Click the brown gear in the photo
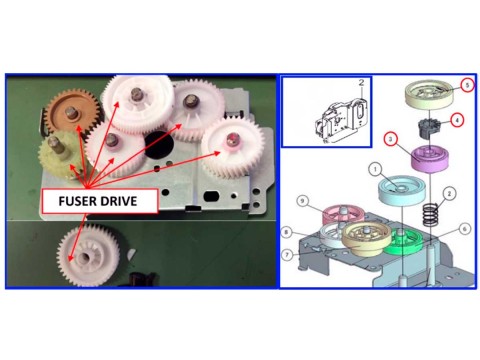[x=73, y=113]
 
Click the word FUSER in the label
[x=77, y=201]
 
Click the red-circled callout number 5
[x=467, y=85]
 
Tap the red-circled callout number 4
[x=457, y=120]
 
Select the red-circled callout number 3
[x=392, y=139]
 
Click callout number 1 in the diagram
[x=376, y=169]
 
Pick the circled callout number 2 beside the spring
[x=449, y=194]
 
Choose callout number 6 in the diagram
[x=464, y=229]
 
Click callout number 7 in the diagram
[x=287, y=255]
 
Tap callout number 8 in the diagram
[x=287, y=232]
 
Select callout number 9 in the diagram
[x=302, y=201]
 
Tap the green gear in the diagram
[x=404, y=242]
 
